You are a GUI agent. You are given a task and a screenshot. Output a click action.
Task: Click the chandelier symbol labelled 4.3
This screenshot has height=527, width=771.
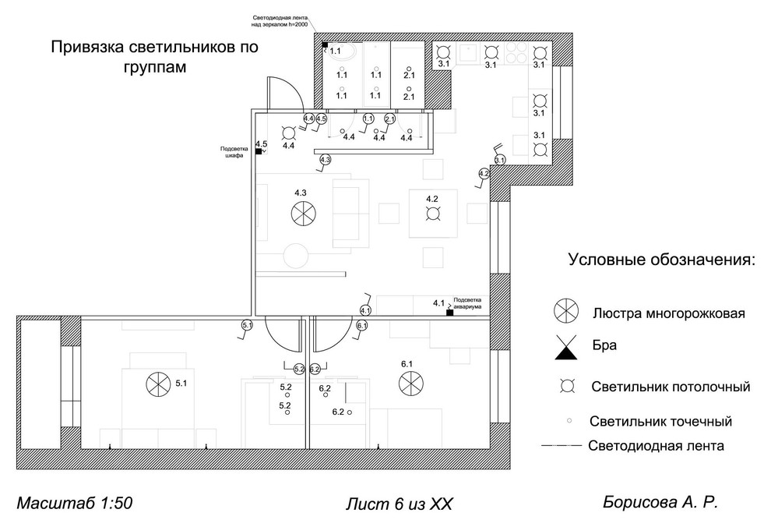[301, 211]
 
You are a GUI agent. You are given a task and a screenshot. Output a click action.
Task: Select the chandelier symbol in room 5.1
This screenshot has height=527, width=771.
[157, 383]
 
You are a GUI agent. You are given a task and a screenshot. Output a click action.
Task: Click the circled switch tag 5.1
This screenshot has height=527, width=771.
[248, 324]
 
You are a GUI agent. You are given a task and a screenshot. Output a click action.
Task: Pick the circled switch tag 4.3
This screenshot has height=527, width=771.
[326, 160]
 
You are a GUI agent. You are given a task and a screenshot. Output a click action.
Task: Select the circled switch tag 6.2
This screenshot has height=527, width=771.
[315, 369]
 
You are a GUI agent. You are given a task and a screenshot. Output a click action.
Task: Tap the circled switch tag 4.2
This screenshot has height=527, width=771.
[484, 173]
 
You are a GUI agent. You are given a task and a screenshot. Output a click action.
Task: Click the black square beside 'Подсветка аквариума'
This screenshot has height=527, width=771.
[449, 313]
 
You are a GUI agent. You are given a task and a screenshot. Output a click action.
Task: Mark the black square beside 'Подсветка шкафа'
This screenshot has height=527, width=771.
[259, 152]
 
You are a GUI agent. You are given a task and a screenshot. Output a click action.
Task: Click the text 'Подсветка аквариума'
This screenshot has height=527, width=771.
[469, 303]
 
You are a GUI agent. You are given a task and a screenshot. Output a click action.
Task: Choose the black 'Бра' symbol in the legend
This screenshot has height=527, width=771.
[566, 349]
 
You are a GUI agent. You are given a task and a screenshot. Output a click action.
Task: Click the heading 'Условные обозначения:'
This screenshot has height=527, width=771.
[661, 259]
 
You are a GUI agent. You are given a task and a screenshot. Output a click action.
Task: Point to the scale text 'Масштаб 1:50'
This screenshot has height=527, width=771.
[74, 503]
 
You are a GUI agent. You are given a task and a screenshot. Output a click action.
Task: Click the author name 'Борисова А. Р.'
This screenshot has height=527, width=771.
[660, 503]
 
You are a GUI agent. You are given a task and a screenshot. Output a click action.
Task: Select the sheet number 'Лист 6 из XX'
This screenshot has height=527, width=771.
[398, 504]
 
